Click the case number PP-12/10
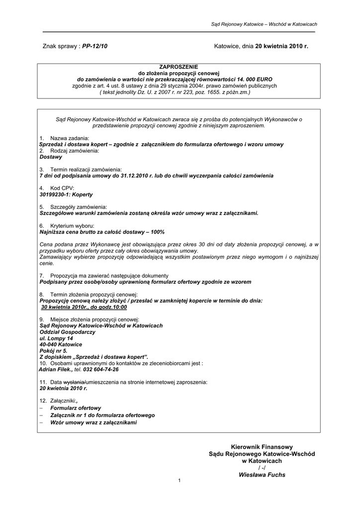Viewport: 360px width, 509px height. (94, 46)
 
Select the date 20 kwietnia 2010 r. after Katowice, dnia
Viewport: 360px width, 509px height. (282, 46)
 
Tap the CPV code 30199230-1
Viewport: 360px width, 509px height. (56, 195)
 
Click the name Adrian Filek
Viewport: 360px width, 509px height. (56, 369)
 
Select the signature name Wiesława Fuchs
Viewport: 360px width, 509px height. (262, 475)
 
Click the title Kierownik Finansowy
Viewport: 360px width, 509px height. (262, 447)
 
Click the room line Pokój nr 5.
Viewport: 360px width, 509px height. (53, 350)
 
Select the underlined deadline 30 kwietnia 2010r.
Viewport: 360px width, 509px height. (64, 307)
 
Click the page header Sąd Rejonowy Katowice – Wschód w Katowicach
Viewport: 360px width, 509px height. (264, 24)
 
